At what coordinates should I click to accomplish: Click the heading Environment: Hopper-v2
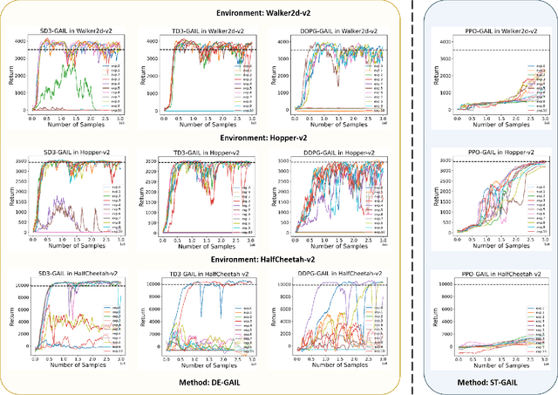204,141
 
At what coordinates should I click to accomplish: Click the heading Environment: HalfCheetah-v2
204,259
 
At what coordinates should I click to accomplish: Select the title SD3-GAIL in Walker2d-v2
78,32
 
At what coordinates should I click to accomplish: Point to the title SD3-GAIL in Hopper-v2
78,153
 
